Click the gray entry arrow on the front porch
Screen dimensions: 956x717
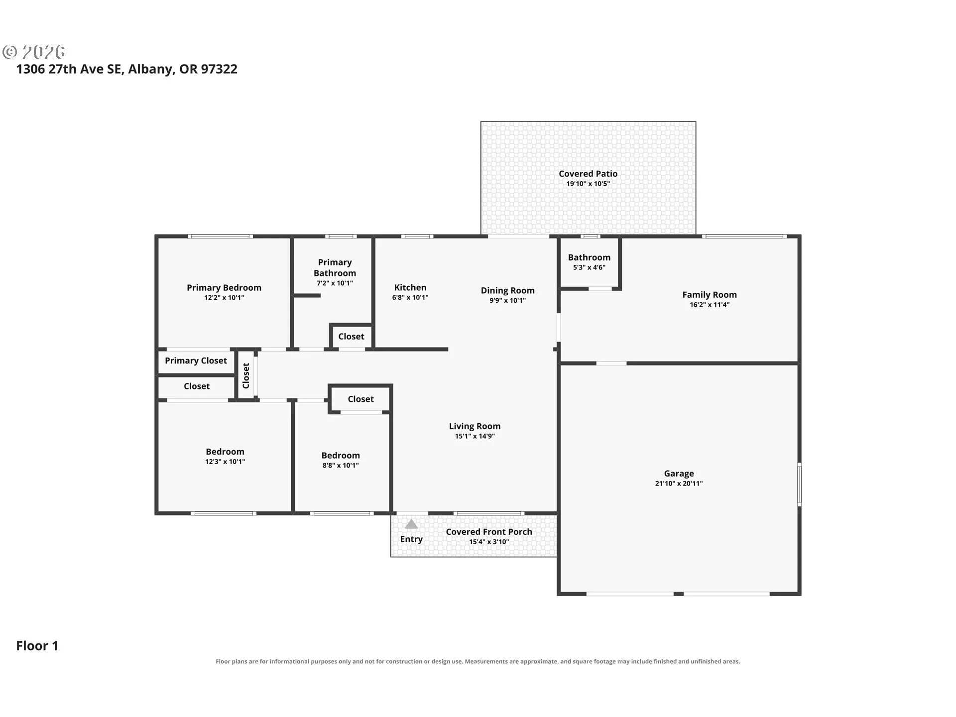[x=411, y=524]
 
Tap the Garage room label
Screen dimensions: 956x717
[x=679, y=474]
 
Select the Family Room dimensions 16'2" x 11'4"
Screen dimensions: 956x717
[x=710, y=305]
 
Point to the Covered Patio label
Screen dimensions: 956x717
[x=588, y=174]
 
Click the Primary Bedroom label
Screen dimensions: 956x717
[x=224, y=288]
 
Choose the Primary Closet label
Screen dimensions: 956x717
[x=196, y=360]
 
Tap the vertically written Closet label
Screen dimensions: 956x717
[x=245, y=375]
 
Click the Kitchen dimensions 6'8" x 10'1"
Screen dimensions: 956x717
[x=410, y=298]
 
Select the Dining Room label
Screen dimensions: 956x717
[x=507, y=290]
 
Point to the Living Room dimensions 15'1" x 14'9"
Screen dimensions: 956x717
[x=475, y=436]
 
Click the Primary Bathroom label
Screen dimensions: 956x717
[x=335, y=268]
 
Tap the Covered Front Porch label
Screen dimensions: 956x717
[x=489, y=532]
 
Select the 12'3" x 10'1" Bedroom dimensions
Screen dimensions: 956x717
[x=225, y=462]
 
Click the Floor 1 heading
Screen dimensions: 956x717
[x=37, y=646]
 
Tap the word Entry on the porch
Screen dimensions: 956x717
[x=411, y=539]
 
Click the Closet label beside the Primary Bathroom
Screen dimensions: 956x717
[x=351, y=337]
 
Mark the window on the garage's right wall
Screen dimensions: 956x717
[x=799, y=484]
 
